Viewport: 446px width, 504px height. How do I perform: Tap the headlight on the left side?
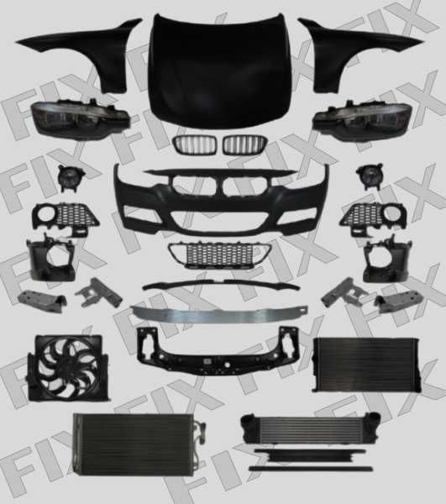point(81,118)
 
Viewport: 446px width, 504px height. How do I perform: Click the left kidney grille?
point(196,144)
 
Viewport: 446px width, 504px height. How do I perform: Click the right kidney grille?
point(245,144)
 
